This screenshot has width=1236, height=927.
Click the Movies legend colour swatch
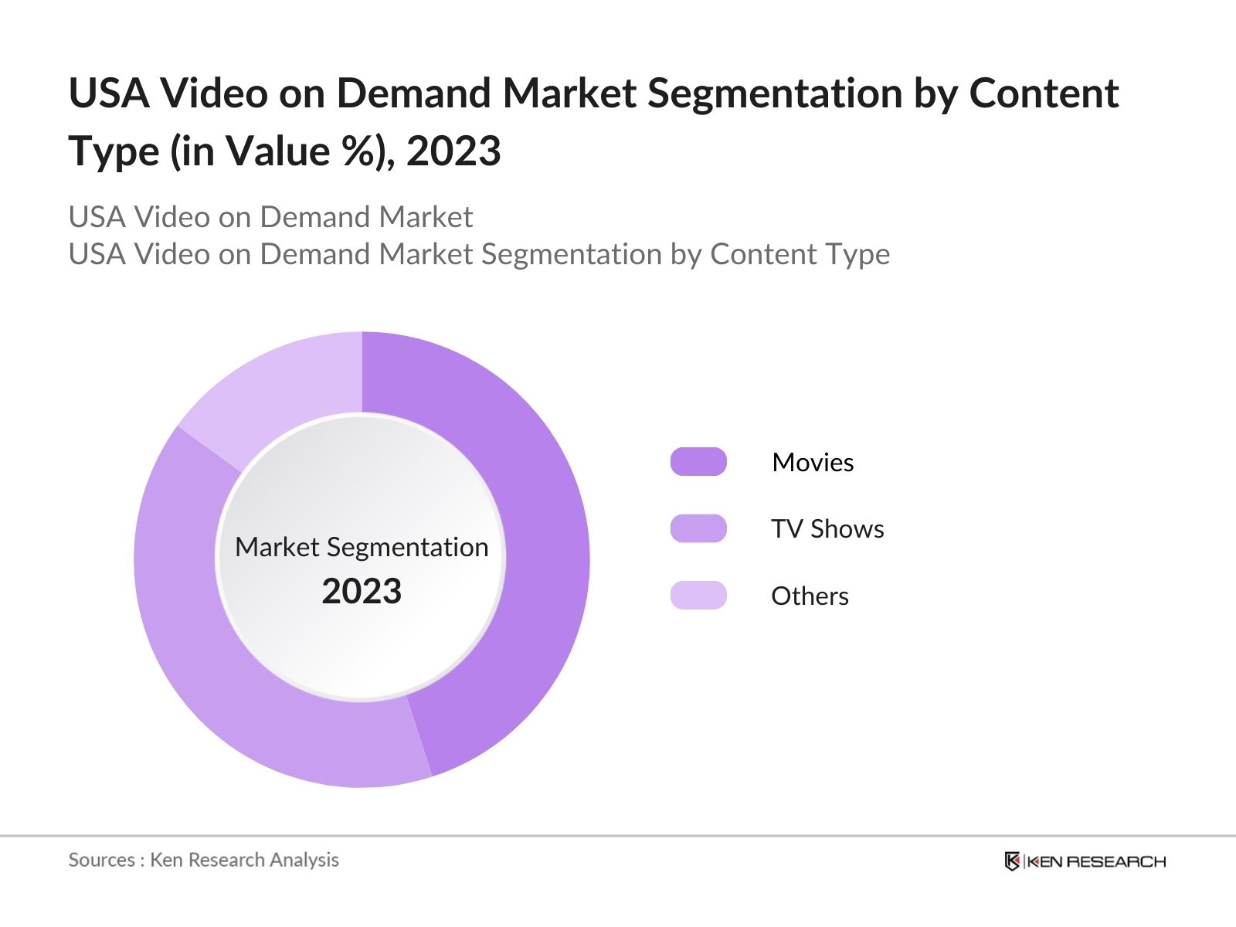(698, 462)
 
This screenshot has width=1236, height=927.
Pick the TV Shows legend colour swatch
(698, 528)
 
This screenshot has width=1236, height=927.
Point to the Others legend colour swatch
(698, 596)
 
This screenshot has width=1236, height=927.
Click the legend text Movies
(813, 462)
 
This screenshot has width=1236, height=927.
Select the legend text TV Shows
(827, 529)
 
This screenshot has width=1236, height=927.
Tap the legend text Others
(810, 596)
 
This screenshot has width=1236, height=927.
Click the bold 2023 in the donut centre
(362, 592)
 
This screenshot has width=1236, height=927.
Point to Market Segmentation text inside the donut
(362, 547)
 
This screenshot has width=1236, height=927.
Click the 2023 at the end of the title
(453, 151)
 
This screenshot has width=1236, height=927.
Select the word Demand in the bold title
(413, 93)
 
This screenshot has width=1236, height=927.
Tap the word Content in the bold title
(1044, 93)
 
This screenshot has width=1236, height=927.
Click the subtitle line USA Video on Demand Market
(270, 217)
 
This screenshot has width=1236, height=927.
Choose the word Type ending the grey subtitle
(855, 254)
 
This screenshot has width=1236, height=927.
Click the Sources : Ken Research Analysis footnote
(203, 860)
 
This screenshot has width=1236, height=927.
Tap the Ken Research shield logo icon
(1012, 861)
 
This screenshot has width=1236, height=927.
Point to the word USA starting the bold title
(109, 93)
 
